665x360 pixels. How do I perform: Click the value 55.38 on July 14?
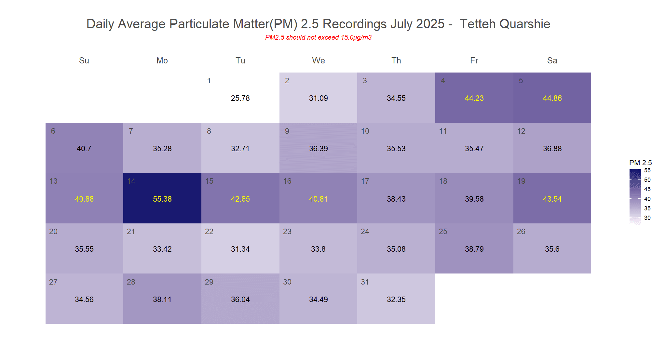tap(162, 199)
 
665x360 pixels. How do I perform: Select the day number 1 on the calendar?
tap(209, 81)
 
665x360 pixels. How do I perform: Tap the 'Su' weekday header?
tap(84, 60)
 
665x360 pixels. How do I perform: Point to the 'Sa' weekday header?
tap(552, 60)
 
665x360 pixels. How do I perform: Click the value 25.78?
tap(240, 98)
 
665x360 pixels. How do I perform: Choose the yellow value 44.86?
tap(552, 98)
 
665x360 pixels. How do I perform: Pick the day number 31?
tap(365, 282)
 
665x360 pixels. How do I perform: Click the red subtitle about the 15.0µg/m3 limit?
tap(318, 37)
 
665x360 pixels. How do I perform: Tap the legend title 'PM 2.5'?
tap(640, 163)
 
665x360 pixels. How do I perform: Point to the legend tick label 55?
tap(647, 170)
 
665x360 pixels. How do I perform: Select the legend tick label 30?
tap(647, 218)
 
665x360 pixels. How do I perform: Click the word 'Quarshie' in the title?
tap(524, 24)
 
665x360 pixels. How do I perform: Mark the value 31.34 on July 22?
tap(240, 249)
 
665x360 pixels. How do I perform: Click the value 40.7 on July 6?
tap(84, 149)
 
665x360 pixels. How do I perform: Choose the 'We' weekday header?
tap(318, 60)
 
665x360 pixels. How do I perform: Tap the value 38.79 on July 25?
tap(474, 249)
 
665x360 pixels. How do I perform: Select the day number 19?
tap(521, 181)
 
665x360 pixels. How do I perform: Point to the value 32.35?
tap(396, 300)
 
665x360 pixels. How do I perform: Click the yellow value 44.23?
tap(474, 98)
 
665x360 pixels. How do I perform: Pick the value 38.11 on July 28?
tap(162, 300)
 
